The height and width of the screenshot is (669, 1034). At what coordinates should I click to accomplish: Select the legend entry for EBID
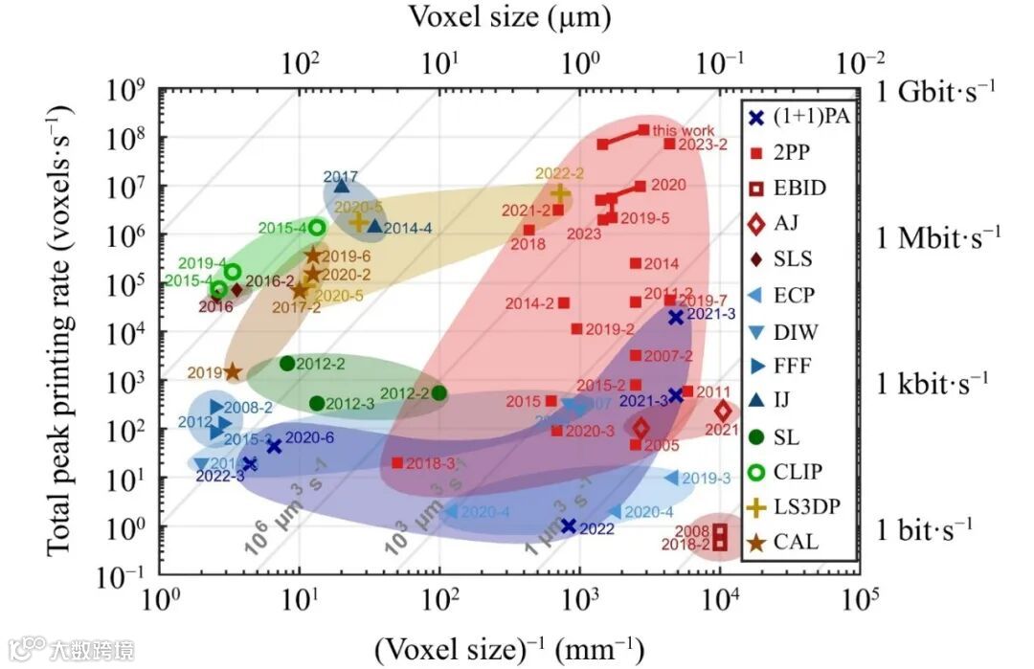790,187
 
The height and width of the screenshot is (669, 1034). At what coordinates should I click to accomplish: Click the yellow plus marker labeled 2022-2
560,193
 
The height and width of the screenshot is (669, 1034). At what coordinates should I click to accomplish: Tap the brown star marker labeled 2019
232,371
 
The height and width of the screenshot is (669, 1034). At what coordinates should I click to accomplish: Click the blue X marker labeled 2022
569,525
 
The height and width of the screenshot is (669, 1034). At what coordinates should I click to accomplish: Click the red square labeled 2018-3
397,463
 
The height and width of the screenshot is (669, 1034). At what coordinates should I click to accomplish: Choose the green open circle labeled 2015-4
317,228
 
